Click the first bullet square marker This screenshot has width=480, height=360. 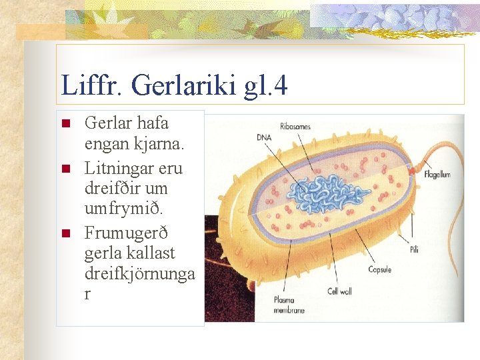(65, 124)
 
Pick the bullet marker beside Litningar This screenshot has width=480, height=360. (65, 169)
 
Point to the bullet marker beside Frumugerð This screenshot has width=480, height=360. (65, 233)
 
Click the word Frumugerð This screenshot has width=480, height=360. (126, 233)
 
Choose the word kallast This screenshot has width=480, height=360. (153, 253)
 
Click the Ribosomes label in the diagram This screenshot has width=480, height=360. (295, 126)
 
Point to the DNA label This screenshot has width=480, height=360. (264, 137)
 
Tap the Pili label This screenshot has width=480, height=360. (415, 249)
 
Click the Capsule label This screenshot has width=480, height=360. (379, 270)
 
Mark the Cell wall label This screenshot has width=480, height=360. (339, 291)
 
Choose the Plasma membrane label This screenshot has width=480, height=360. (289, 305)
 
